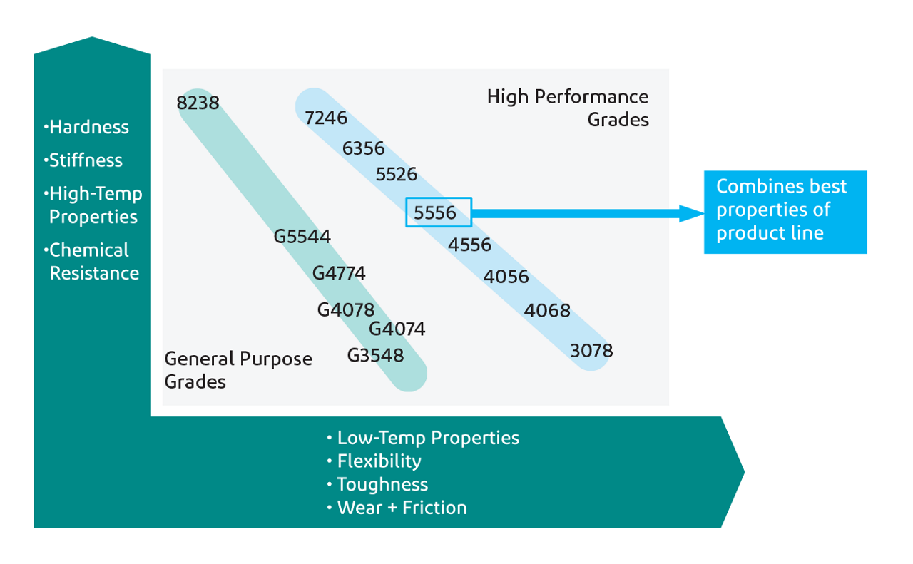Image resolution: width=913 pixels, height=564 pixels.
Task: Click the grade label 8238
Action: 198,103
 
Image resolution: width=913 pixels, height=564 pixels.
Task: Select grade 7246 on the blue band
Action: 326,118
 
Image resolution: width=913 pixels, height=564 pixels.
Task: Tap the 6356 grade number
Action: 363,148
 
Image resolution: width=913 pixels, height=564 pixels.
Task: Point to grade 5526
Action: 397,174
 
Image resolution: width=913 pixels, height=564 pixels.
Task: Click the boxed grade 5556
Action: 438,212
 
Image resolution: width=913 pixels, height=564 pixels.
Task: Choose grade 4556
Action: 470,245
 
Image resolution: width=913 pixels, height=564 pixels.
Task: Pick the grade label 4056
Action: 506,277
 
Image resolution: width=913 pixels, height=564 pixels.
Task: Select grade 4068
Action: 547,311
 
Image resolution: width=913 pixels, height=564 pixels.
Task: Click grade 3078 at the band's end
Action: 591,351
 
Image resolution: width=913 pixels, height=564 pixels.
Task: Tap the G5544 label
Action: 302,236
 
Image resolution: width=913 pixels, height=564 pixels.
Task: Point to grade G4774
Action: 339,273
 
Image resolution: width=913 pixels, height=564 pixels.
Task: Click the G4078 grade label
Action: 346,310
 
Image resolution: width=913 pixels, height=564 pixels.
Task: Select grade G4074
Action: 397,329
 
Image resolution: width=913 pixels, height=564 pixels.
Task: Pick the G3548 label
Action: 375,355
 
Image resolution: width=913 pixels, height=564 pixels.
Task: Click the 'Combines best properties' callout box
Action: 785,212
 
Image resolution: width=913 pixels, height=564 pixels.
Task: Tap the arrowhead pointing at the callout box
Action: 690,212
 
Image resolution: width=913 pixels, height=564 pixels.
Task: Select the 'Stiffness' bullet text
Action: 86,160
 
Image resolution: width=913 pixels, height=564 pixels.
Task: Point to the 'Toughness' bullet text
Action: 382,485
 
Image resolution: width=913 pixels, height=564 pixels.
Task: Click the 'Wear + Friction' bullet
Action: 401,508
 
